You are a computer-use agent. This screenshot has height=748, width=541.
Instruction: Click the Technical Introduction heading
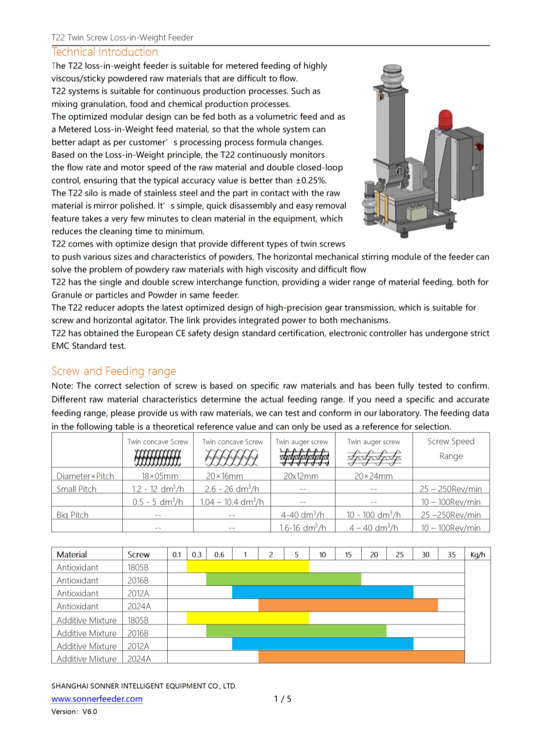coord(104,52)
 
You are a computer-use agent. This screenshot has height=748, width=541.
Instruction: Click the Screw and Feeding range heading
coord(114,371)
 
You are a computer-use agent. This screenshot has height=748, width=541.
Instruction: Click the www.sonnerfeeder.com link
coord(97,699)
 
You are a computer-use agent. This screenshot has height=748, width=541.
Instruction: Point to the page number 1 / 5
coord(283,699)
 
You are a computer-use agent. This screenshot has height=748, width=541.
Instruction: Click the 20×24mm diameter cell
coord(373,476)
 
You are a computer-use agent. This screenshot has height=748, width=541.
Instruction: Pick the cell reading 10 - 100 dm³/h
coord(373,515)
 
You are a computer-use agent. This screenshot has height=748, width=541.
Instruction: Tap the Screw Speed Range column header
coord(451,448)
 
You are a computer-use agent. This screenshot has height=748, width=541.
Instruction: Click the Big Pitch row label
coord(73,515)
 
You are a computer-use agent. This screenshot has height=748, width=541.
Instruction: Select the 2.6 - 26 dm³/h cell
coord(232,489)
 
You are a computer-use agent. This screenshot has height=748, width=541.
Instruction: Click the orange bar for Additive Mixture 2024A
coord(361,657)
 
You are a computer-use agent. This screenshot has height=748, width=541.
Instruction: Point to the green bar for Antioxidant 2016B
coord(283,579)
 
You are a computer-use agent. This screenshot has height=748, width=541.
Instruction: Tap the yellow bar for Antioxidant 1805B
coord(248,566)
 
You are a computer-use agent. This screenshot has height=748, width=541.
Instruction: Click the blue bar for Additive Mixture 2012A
coord(322,644)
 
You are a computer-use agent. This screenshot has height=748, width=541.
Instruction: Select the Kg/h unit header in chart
coord(477,554)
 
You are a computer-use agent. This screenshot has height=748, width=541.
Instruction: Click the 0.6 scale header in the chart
coord(219,554)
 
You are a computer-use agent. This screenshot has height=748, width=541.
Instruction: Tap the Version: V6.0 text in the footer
coord(74,712)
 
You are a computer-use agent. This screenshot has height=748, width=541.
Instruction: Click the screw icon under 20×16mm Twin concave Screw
coord(232,457)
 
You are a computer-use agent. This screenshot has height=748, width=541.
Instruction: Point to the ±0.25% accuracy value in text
coord(311,180)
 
